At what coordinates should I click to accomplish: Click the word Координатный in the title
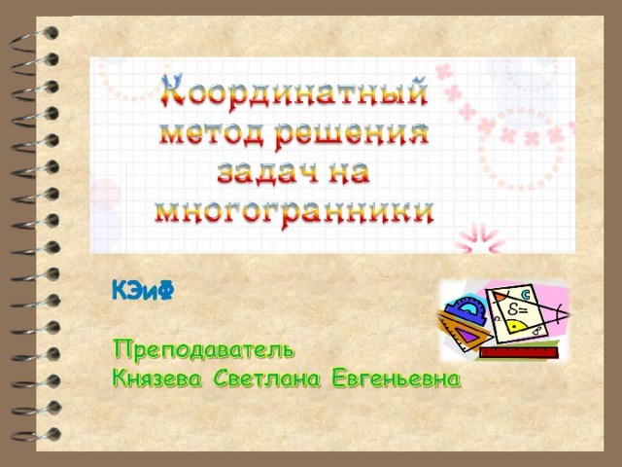[294, 91]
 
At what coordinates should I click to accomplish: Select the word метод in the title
[212, 133]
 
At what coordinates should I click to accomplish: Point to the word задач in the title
[268, 173]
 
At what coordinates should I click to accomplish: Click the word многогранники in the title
[294, 214]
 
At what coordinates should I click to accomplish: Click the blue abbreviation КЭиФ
[143, 290]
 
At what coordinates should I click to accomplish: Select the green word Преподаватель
[204, 349]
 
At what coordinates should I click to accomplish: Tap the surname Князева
[157, 378]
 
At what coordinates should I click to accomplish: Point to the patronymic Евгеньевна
[396, 378]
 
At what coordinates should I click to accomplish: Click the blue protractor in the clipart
[467, 309]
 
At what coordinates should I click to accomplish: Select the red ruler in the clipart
[519, 352]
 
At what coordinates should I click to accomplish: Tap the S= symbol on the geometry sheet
[517, 308]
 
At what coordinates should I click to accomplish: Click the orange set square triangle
[465, 331]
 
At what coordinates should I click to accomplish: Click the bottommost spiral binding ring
[36, 435]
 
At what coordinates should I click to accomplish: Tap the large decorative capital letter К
[172, 90]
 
